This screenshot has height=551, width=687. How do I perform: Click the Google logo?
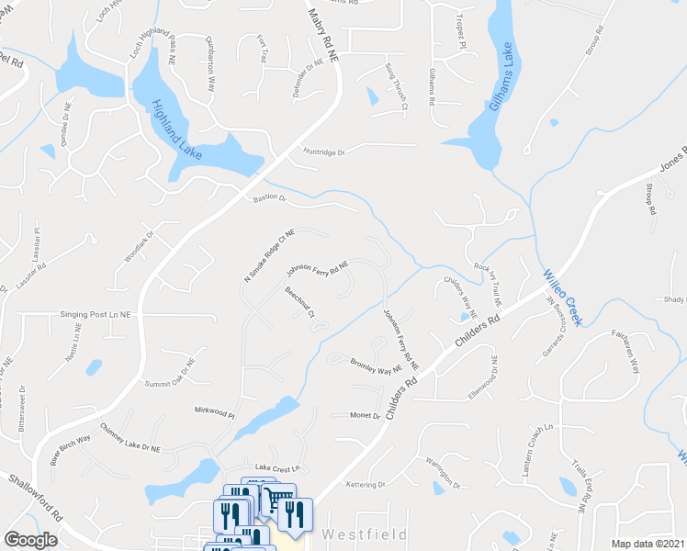click(31, 540)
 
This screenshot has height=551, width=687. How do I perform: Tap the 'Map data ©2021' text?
click(648, 544)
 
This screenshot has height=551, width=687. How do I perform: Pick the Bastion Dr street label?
click(270, 197)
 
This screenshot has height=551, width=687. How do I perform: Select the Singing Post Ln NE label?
click(97, 314)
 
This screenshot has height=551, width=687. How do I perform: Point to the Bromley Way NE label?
click(376, 365)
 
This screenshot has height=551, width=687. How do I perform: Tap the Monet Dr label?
click(365, 415)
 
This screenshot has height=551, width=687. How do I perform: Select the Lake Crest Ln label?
click(277, 467)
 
